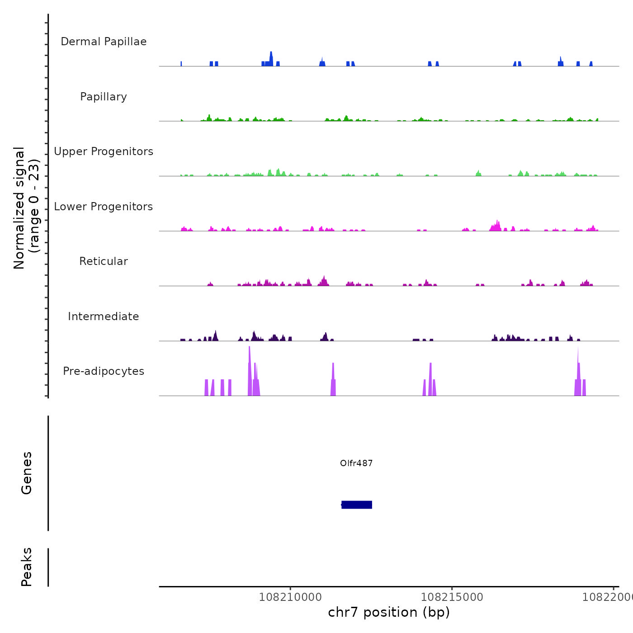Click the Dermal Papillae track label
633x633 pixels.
pyautogui.click(x=104, y=42)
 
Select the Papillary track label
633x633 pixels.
pyautogui.click(x=104, y=97)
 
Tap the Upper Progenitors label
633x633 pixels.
pyautogui.click(x=104, y=151)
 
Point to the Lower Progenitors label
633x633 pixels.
pyautogui.click(x=104, y=207)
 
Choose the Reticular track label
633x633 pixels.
pyautogui.click(x=104, y=261)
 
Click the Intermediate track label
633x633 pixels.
pyautogui.click(x=104, y=316)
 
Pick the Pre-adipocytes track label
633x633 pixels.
pyautogui.click(x=104, y=371)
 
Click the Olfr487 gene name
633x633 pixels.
pyautogui.click(x=356, y=463)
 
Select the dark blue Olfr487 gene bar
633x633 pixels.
pyautogui.click(x=357, y=505)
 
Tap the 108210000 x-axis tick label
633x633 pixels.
pyautogui.click(x=290, y=597)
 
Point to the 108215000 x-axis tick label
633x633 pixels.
pyautogui.click(x=452, y=597)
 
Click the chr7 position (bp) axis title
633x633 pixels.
pyautogui.click(x=389, y=612)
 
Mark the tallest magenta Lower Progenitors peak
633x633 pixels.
pyautogui.click(x=497, y=225)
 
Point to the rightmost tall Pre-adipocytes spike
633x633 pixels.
pyautogui.click(x=578, y=371)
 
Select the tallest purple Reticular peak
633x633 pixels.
pyautogui.click(x=324, y=280)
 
